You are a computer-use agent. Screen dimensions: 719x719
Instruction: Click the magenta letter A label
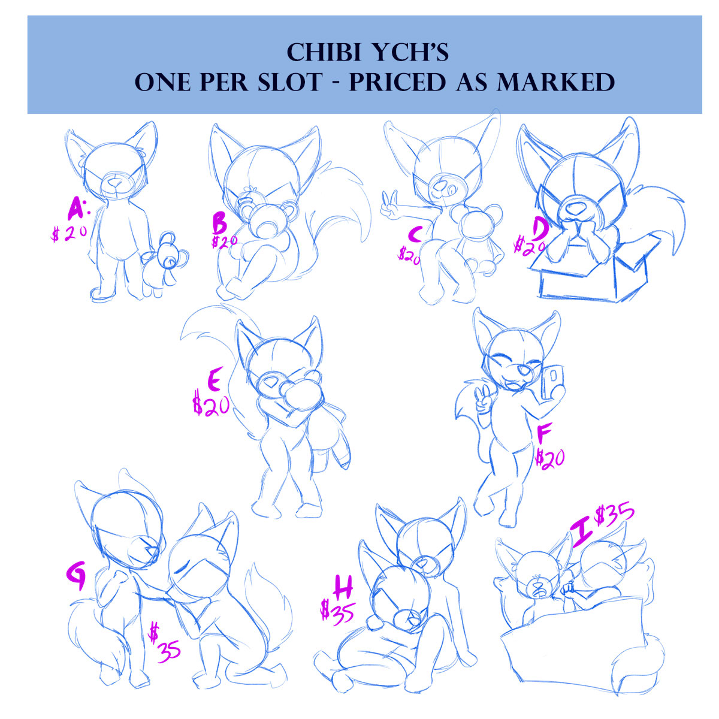coord(77,209)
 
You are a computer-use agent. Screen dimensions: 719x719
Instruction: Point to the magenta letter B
coord(219,224)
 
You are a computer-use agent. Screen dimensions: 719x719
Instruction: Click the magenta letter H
coord(343,587)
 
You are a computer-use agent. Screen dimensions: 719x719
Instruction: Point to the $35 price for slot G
coord(165,644)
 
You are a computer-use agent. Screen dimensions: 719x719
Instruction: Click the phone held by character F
coord(552,382)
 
